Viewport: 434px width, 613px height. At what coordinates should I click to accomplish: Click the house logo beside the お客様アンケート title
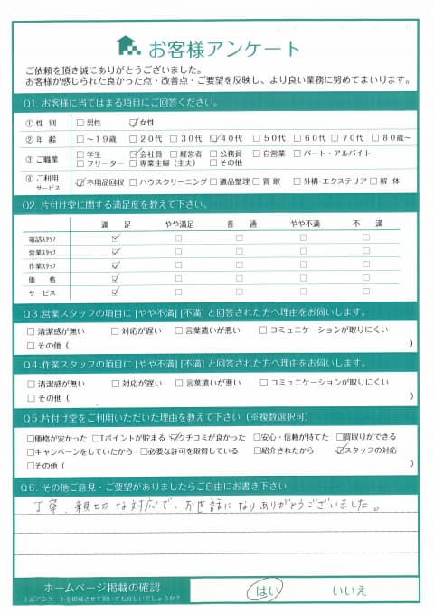tap(129, 45)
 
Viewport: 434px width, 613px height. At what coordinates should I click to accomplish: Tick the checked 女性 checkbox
tap(134, 123)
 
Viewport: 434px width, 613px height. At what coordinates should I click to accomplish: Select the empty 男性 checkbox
tap(81, 123)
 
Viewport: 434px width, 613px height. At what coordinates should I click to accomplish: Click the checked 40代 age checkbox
tap(213, 138)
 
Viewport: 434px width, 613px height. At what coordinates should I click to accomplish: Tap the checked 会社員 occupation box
tap(134, 153)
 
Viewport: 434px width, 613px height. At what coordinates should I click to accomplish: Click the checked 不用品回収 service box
tap(81, 181)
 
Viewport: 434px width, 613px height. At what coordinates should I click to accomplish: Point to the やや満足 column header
tap(177, 223)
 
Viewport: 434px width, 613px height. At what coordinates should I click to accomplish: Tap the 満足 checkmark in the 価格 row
tap(115, 279)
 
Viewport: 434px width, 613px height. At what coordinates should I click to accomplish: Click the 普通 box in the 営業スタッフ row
tap(239, 252)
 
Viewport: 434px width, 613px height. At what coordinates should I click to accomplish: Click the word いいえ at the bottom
tap(349, 590)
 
